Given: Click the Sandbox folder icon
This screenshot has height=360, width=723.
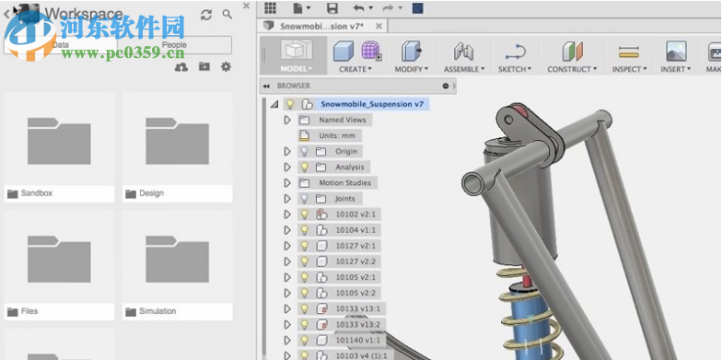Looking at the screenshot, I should (x=59, y=140).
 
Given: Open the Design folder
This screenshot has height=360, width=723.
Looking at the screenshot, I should (x=177, y=140).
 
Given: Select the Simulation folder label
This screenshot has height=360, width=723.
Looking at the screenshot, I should (x=157, y=311).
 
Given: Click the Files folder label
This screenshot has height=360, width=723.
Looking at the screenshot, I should (x=32, y=311).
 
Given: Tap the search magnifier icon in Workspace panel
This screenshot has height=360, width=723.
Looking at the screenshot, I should (x=227, y=15).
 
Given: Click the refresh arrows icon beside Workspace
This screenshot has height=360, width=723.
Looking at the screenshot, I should (x=205, y=15).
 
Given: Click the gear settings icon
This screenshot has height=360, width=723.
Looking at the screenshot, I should (x=226, y=67).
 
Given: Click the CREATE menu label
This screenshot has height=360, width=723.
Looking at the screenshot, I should (x=355, y=69).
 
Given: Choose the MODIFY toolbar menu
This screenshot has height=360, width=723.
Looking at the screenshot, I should (x=410, y=69).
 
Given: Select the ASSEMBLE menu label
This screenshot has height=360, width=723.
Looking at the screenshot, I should (x=463, y=69).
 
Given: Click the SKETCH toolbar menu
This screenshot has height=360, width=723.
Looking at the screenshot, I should (x=514, y=69).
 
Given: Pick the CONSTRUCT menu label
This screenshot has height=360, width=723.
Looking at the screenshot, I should (x=571, y=69).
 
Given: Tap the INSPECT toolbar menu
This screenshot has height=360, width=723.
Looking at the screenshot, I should (x=628, y=69).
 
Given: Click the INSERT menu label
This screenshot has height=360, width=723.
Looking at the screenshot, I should (x=675, y=69).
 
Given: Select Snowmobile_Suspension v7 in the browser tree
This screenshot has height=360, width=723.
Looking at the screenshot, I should (x=371, y=104).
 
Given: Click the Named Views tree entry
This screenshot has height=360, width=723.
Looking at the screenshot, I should (x=343, y=120).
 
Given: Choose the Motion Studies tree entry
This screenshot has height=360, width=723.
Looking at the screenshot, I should (x=344, y=182).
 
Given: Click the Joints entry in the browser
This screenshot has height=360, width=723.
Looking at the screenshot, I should (x=344, y=198).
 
